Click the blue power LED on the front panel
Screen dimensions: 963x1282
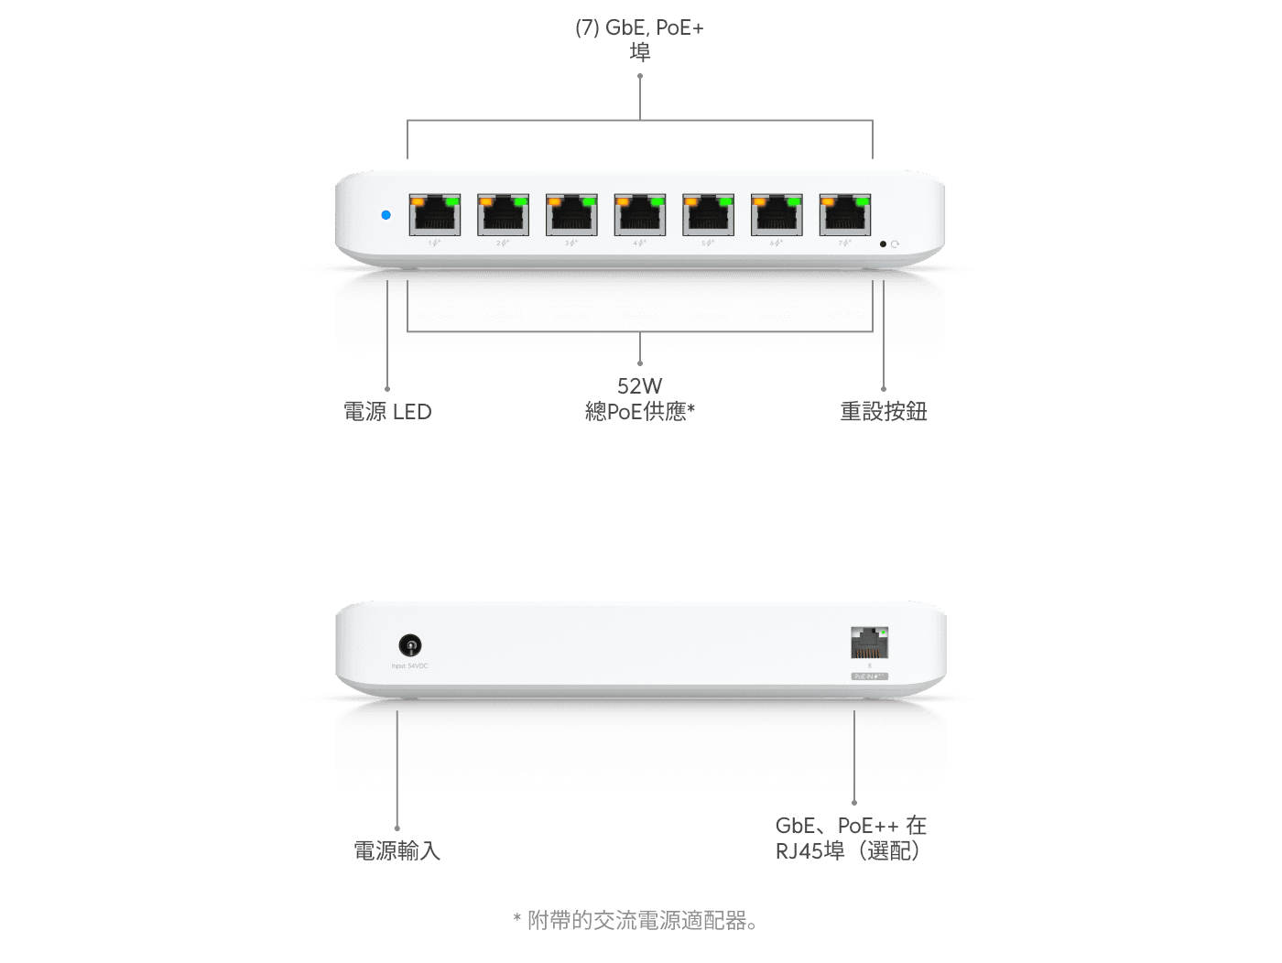click(386, 215)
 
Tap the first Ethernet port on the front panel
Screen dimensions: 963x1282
click(434, 215)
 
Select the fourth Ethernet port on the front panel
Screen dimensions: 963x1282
click(639, 215)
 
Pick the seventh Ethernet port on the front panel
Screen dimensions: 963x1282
click(844, 215)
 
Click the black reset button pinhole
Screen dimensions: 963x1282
click(883, 244)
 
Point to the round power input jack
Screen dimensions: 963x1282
click(410, 645)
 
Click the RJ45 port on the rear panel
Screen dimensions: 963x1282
click(869, 644)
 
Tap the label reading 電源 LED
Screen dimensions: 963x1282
click(387, 412)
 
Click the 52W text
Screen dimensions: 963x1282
click(639, 385)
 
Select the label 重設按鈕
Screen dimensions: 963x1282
click(884, 412)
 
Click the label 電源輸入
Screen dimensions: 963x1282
click(397, 850)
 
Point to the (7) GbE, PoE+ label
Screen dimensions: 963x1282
click(639, 28)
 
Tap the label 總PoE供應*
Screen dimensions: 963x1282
click(639, 412)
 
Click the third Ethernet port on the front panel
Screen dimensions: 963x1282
click(571, 215)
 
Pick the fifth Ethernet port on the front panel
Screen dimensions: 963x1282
click(708, 215)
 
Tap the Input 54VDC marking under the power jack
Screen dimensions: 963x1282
click(409, 666)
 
